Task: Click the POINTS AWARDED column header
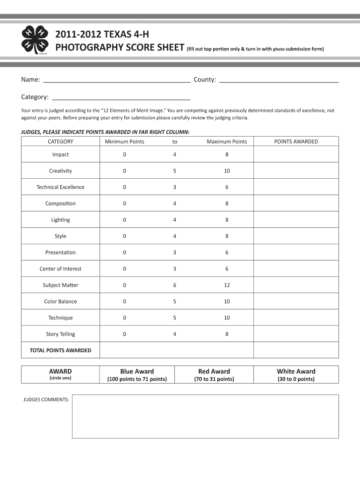click(295, 141)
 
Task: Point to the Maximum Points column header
click(227, 141)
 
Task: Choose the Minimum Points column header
click(124, 141)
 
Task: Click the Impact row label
click(60, 154)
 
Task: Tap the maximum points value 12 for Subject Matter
click(227, 285)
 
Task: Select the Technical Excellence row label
click(60, 187)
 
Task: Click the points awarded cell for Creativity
click(295, 171)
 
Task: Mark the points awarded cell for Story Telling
click(295, 334)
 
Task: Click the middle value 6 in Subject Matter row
click(174, 285)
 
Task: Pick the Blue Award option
click(137, 375)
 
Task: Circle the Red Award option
click(214, 375)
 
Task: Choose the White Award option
click(296, 375)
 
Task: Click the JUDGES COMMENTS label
click(46, 399)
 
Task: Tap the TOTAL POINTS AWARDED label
click(60, 350)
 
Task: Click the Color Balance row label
click(60, 301)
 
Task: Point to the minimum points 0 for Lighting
click(124, 220)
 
